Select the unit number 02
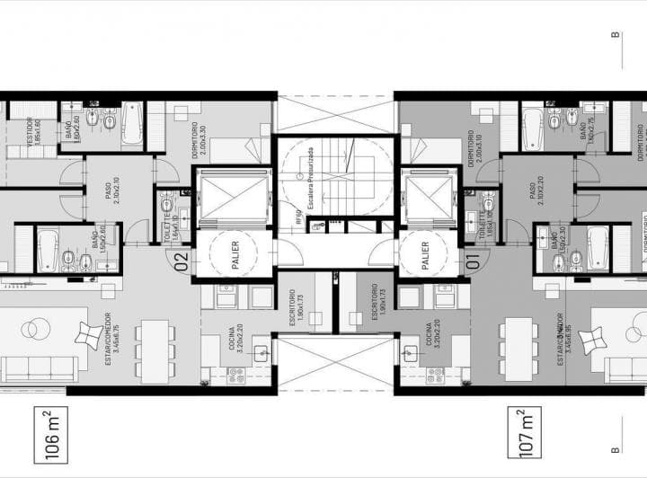(x=181, y=261)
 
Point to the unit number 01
(x=474, y=263)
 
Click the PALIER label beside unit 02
(x=232, y=252)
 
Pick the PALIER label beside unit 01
(x=423, y=252)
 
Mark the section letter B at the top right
(x=616, y=36)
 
